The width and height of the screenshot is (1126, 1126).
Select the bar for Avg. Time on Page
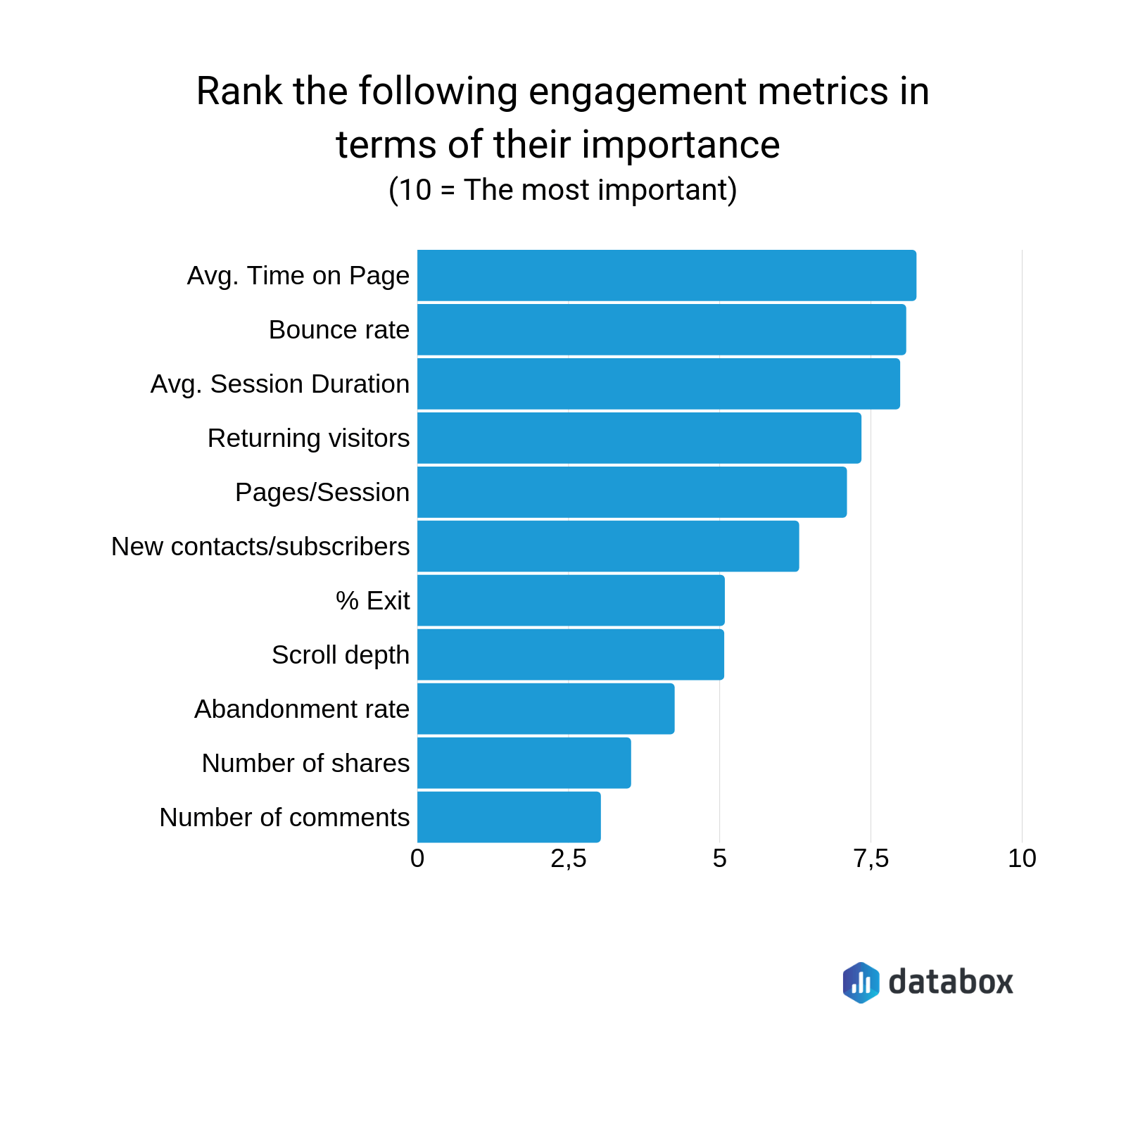(x=666, y=275)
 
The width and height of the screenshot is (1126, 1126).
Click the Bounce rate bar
(x=662, y=329)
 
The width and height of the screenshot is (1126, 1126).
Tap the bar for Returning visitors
(x=639, y=438)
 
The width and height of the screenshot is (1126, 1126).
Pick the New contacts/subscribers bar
(x=608, y=546)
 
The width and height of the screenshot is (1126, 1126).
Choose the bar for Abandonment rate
(x=545, y=709)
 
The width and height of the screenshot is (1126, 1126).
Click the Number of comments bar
(x=509, y=817)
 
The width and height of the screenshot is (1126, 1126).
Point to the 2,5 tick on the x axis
(x=569, y=859)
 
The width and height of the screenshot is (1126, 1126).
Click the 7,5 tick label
(x=871, y=859)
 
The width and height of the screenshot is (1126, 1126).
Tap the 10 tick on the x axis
(x=1022, y=859)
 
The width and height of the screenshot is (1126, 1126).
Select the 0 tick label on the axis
(x=417, y=859)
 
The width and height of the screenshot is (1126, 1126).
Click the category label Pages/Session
(x=322, y=493)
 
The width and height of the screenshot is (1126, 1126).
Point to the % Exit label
(x=372, y=601)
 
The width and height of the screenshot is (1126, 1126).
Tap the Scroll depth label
(x=341, y=655)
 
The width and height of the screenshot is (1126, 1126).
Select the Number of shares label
(x=305, y=764)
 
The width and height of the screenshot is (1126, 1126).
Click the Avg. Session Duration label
(x=280, y=384)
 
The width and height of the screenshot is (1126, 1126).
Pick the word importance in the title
(x=681, y=145)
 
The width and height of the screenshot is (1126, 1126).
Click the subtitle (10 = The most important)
(x=562, y=190)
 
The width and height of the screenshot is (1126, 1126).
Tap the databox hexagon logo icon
(x=861, y=982)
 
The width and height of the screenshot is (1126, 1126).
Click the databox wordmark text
(x=950, y=982)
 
